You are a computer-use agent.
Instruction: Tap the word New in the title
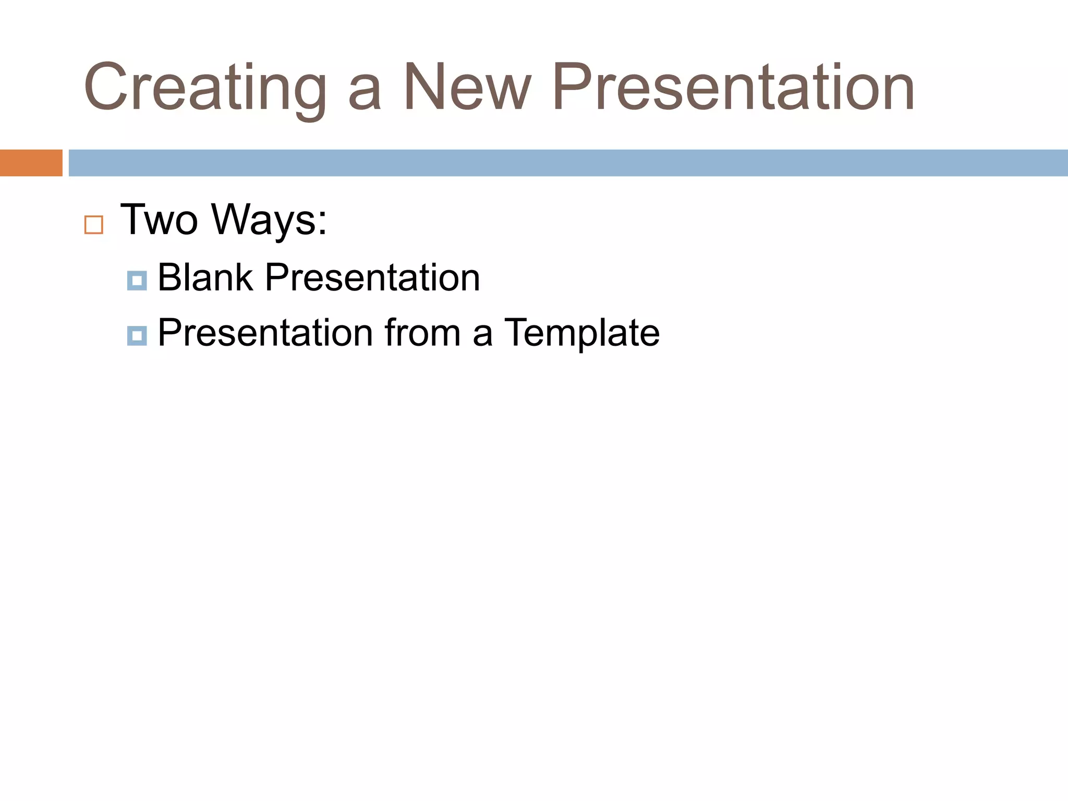[x=467, y=87]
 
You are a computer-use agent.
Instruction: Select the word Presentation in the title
[x=733, y=87]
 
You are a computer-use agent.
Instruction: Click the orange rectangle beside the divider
[x=31, y=163]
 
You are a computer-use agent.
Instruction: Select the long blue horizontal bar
[x=568, y=163]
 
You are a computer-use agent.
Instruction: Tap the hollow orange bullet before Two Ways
[x=94, y=225]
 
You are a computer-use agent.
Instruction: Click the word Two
[x=159, y=220]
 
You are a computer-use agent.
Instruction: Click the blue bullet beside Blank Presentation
[x=137, y=281]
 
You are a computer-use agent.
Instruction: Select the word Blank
[x=205, y=277]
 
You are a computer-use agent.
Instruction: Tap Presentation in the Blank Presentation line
[x=372, y=277]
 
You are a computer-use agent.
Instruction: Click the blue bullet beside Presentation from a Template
[x=137, y=336]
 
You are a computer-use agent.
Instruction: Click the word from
[x=422, y=333]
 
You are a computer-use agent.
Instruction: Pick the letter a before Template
[x=482, y=336]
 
